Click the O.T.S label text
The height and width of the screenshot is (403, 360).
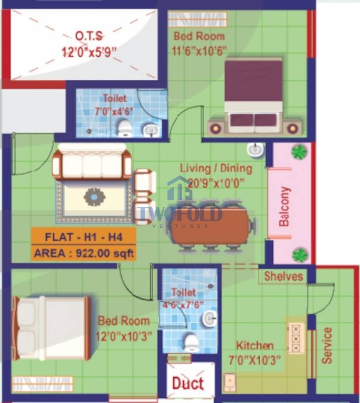point(89,36)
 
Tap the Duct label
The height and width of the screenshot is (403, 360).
point(188,383)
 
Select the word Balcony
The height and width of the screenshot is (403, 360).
point(284,206)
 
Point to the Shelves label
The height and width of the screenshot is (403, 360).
point(284,277)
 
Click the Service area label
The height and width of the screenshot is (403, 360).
point(327,345)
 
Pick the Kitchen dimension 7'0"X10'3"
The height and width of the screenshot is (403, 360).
point(255,360)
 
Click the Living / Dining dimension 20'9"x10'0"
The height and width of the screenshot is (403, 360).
point(216,183)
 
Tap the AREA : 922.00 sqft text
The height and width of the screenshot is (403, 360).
point(84,253)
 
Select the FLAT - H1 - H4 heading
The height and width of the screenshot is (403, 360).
point(84,237)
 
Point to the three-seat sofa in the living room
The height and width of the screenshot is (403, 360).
point(92,162)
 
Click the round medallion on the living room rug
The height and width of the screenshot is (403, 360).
point(94,197)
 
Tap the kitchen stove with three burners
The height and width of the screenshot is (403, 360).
point(296,338)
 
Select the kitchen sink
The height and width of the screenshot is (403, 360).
point(230,383)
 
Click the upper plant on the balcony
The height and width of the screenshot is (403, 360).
point(299,151)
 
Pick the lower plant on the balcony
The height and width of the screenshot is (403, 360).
point(300,254)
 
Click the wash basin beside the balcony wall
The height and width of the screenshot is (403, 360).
point(256,150)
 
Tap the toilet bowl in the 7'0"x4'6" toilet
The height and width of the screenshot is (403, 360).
point(124,128)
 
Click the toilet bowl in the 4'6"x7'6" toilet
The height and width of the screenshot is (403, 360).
point(192,343)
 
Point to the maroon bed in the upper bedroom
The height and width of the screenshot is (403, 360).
point(253,94)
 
